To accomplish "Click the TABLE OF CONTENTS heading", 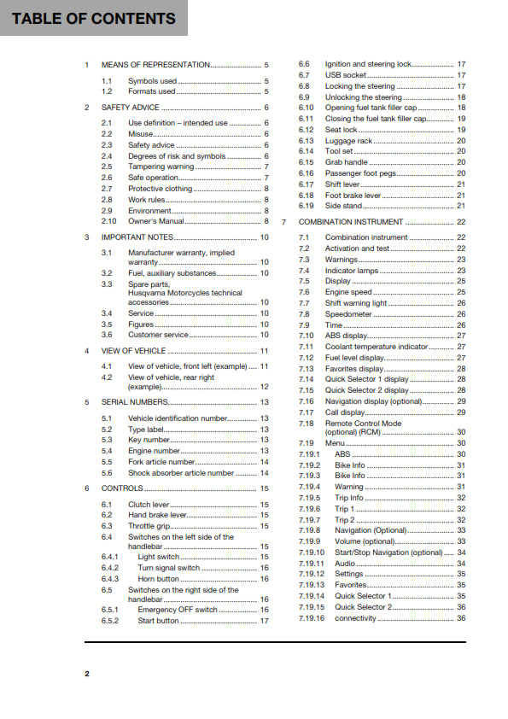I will pos(94,18).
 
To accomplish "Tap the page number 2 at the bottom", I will pos(86,674).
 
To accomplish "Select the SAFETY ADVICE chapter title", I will pos(130,108).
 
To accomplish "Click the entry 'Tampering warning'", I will pos(161,167).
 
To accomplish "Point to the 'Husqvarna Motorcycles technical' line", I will pos(185,292).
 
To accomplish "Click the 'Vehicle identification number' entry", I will pos(178,418).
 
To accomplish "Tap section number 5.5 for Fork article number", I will pos(107,462).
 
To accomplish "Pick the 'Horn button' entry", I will pos(158,579).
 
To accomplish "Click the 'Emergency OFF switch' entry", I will pos(178,611).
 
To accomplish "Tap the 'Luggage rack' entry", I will pos(348,141).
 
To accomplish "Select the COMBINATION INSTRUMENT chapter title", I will pos(351,221).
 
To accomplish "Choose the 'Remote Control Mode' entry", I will pos(363,424).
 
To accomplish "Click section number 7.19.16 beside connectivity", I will pos(311,617).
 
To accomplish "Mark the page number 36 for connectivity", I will pos(461,617).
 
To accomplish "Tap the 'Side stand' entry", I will pos(344,206).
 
